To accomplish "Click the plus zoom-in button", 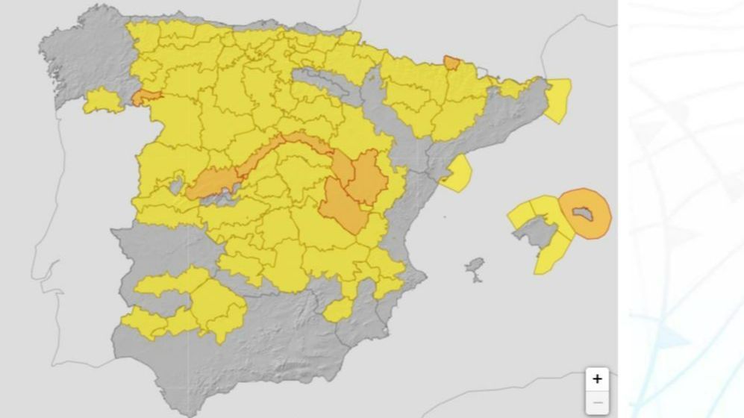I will click(596, 378).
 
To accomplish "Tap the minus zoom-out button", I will click(596, 403).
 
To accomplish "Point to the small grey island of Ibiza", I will click(475, 268).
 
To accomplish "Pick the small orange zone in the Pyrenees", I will click(451, 63).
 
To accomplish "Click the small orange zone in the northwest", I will click(146, 97).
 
